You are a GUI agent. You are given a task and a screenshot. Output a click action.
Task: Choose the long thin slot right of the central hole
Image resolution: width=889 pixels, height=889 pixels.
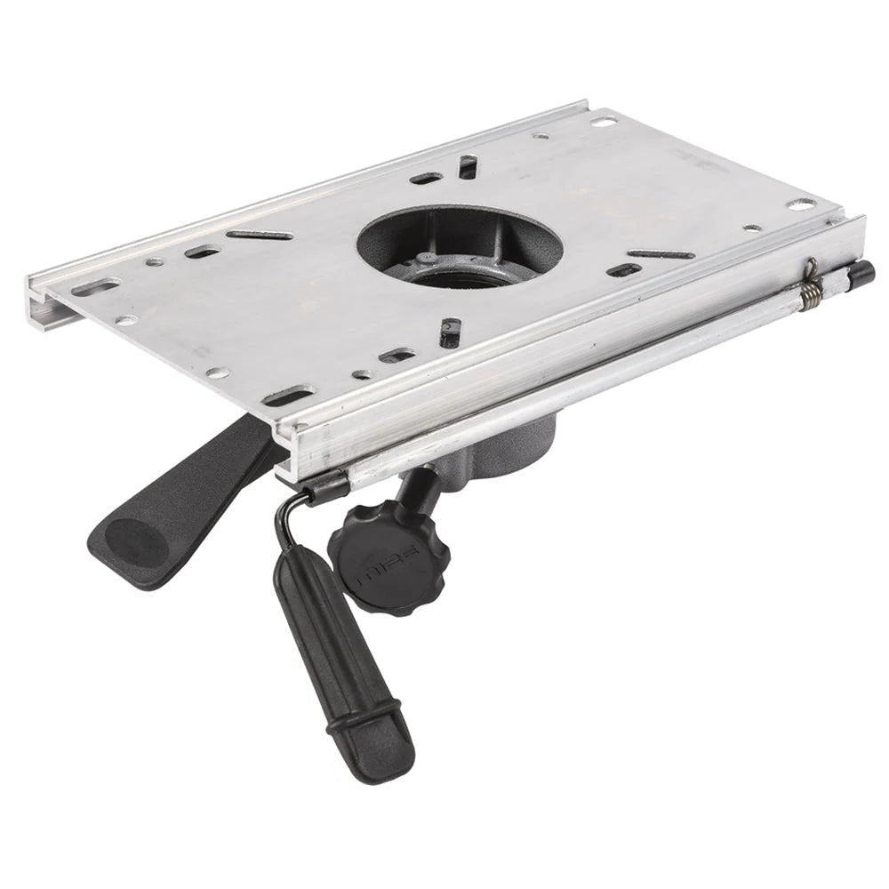pyautogui.click(x=661, y=255)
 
